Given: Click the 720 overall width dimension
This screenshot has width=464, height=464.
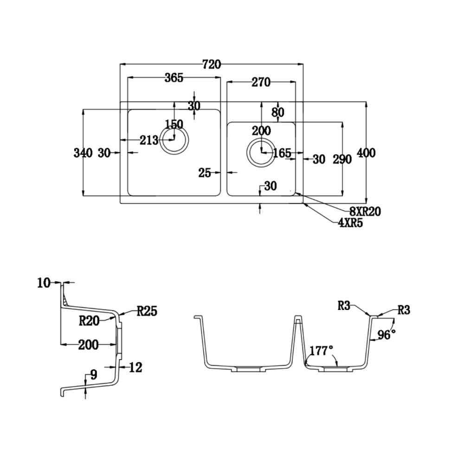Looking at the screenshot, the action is click(212, 64).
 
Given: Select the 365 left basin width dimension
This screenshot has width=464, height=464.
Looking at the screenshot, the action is click(174, 78).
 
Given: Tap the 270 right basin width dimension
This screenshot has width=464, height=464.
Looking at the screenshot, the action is click(261, 82).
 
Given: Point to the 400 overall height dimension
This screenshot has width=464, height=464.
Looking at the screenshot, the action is click(366, 153).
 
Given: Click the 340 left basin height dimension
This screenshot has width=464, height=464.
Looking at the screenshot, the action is click(83, 153).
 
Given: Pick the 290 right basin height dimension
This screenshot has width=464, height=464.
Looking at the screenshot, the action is click(342, 160).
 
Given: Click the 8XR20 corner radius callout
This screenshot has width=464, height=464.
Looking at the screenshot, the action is click(365, 212).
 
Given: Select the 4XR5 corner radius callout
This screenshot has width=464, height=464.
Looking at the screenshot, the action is click(350, 223).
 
